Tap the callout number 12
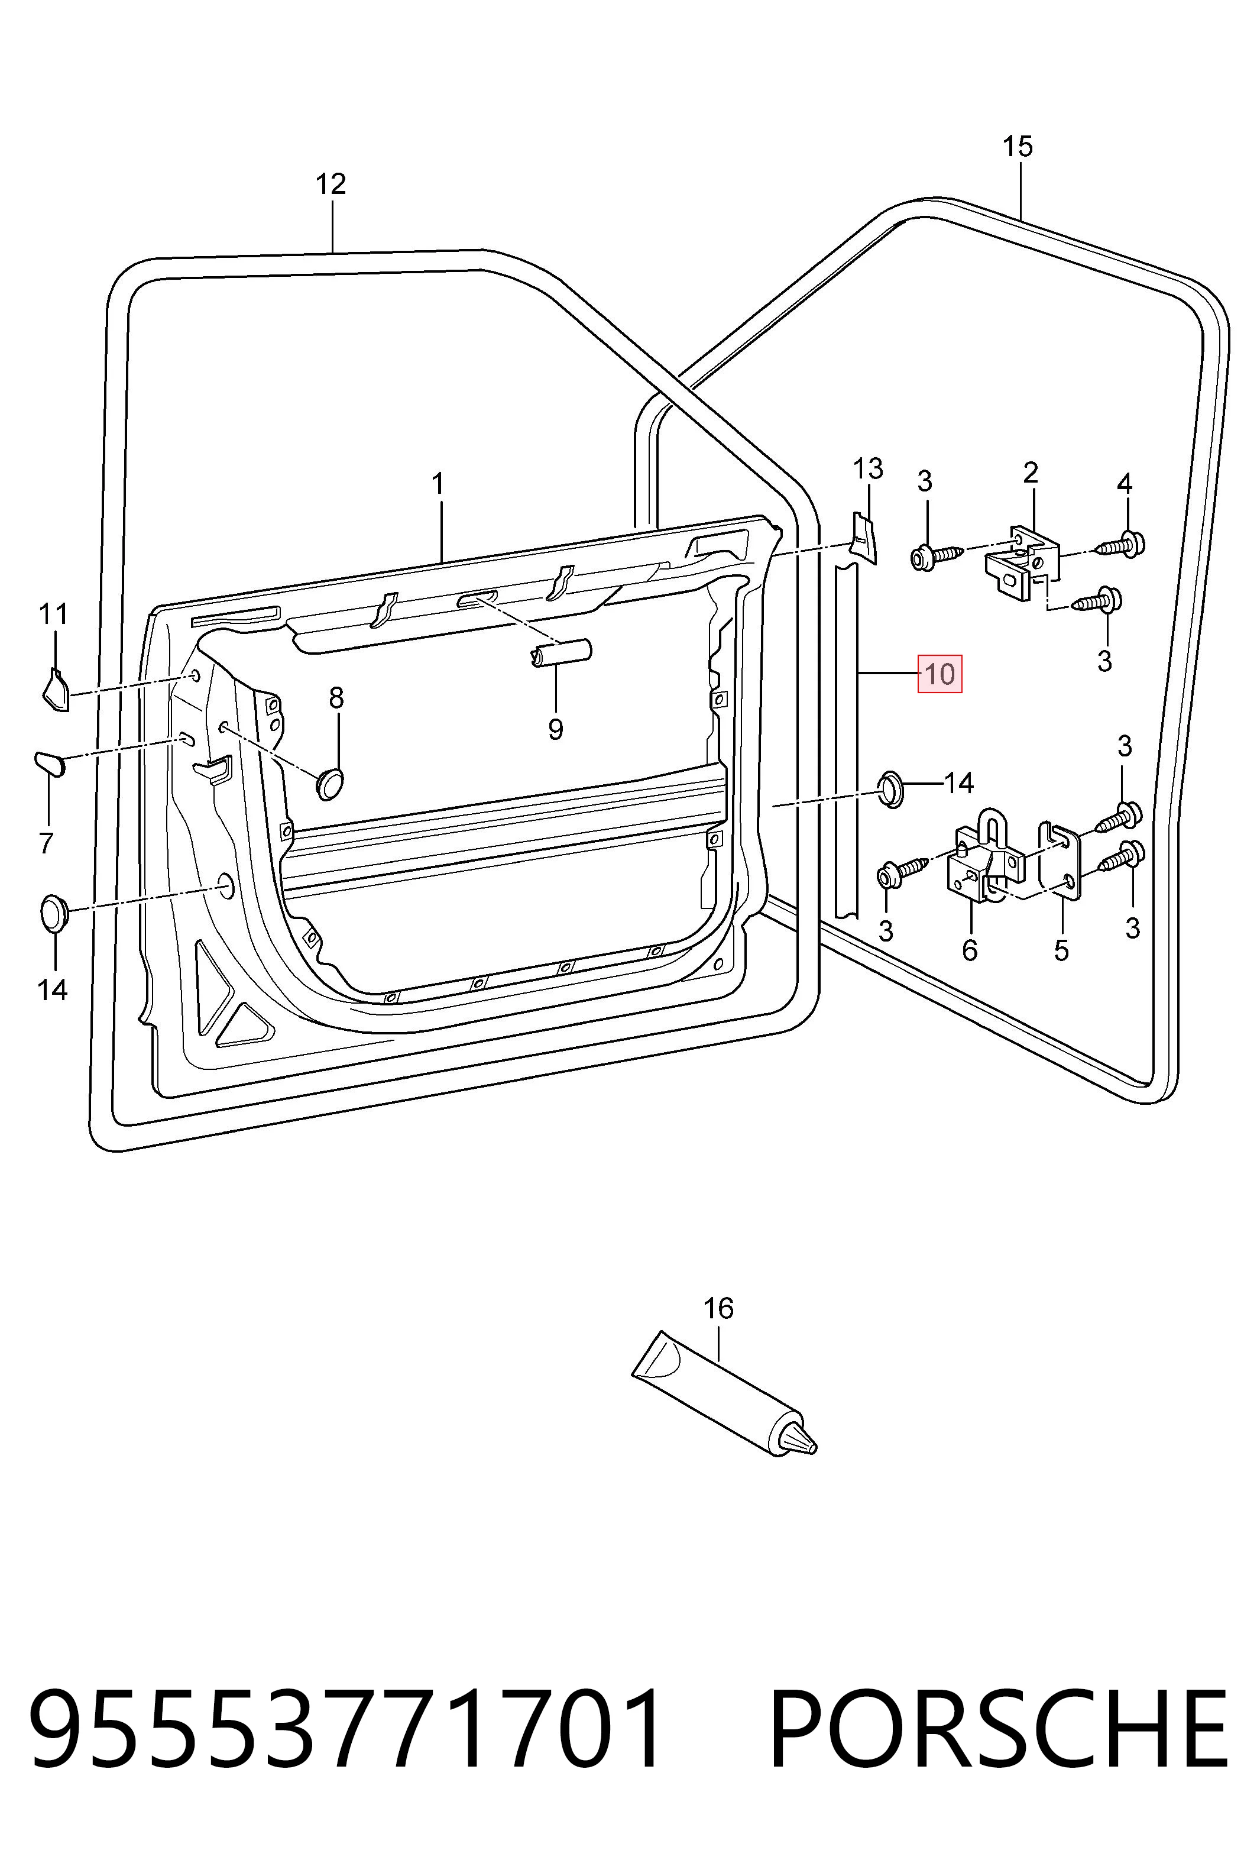point(331,185)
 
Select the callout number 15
point(1018,147)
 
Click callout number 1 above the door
point(438,484)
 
